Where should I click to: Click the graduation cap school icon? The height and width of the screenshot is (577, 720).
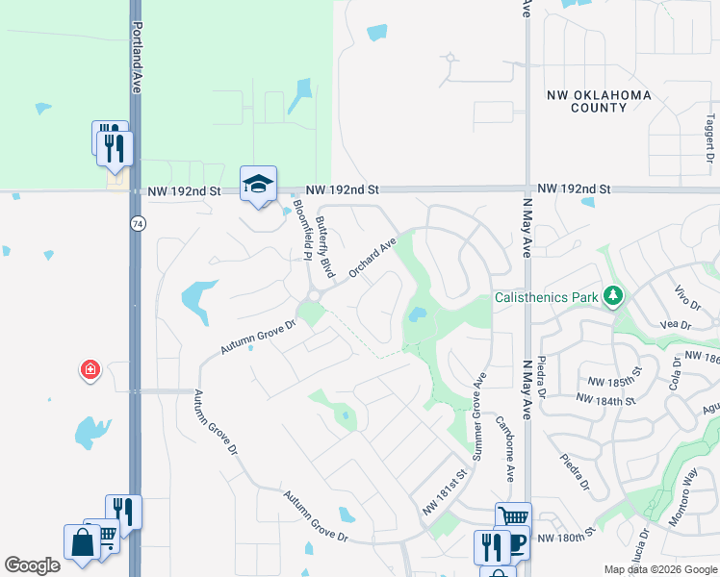(x=257, y=184)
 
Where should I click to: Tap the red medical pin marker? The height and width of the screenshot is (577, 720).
(x=90, y=369)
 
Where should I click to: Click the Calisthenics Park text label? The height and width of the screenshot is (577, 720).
(x=546, y=297)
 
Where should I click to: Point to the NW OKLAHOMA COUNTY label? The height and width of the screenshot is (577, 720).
(x=599, y=101)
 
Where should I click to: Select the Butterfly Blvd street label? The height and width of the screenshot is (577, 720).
(x=326, y=248)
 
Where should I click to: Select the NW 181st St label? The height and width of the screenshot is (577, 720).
(x=446, y=490)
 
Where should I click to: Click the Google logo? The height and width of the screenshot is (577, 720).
(x=32, y=564)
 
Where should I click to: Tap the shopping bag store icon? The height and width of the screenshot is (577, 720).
(x=82, y=542)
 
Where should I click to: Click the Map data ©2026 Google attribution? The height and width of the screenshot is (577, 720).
(x=659, y=569)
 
